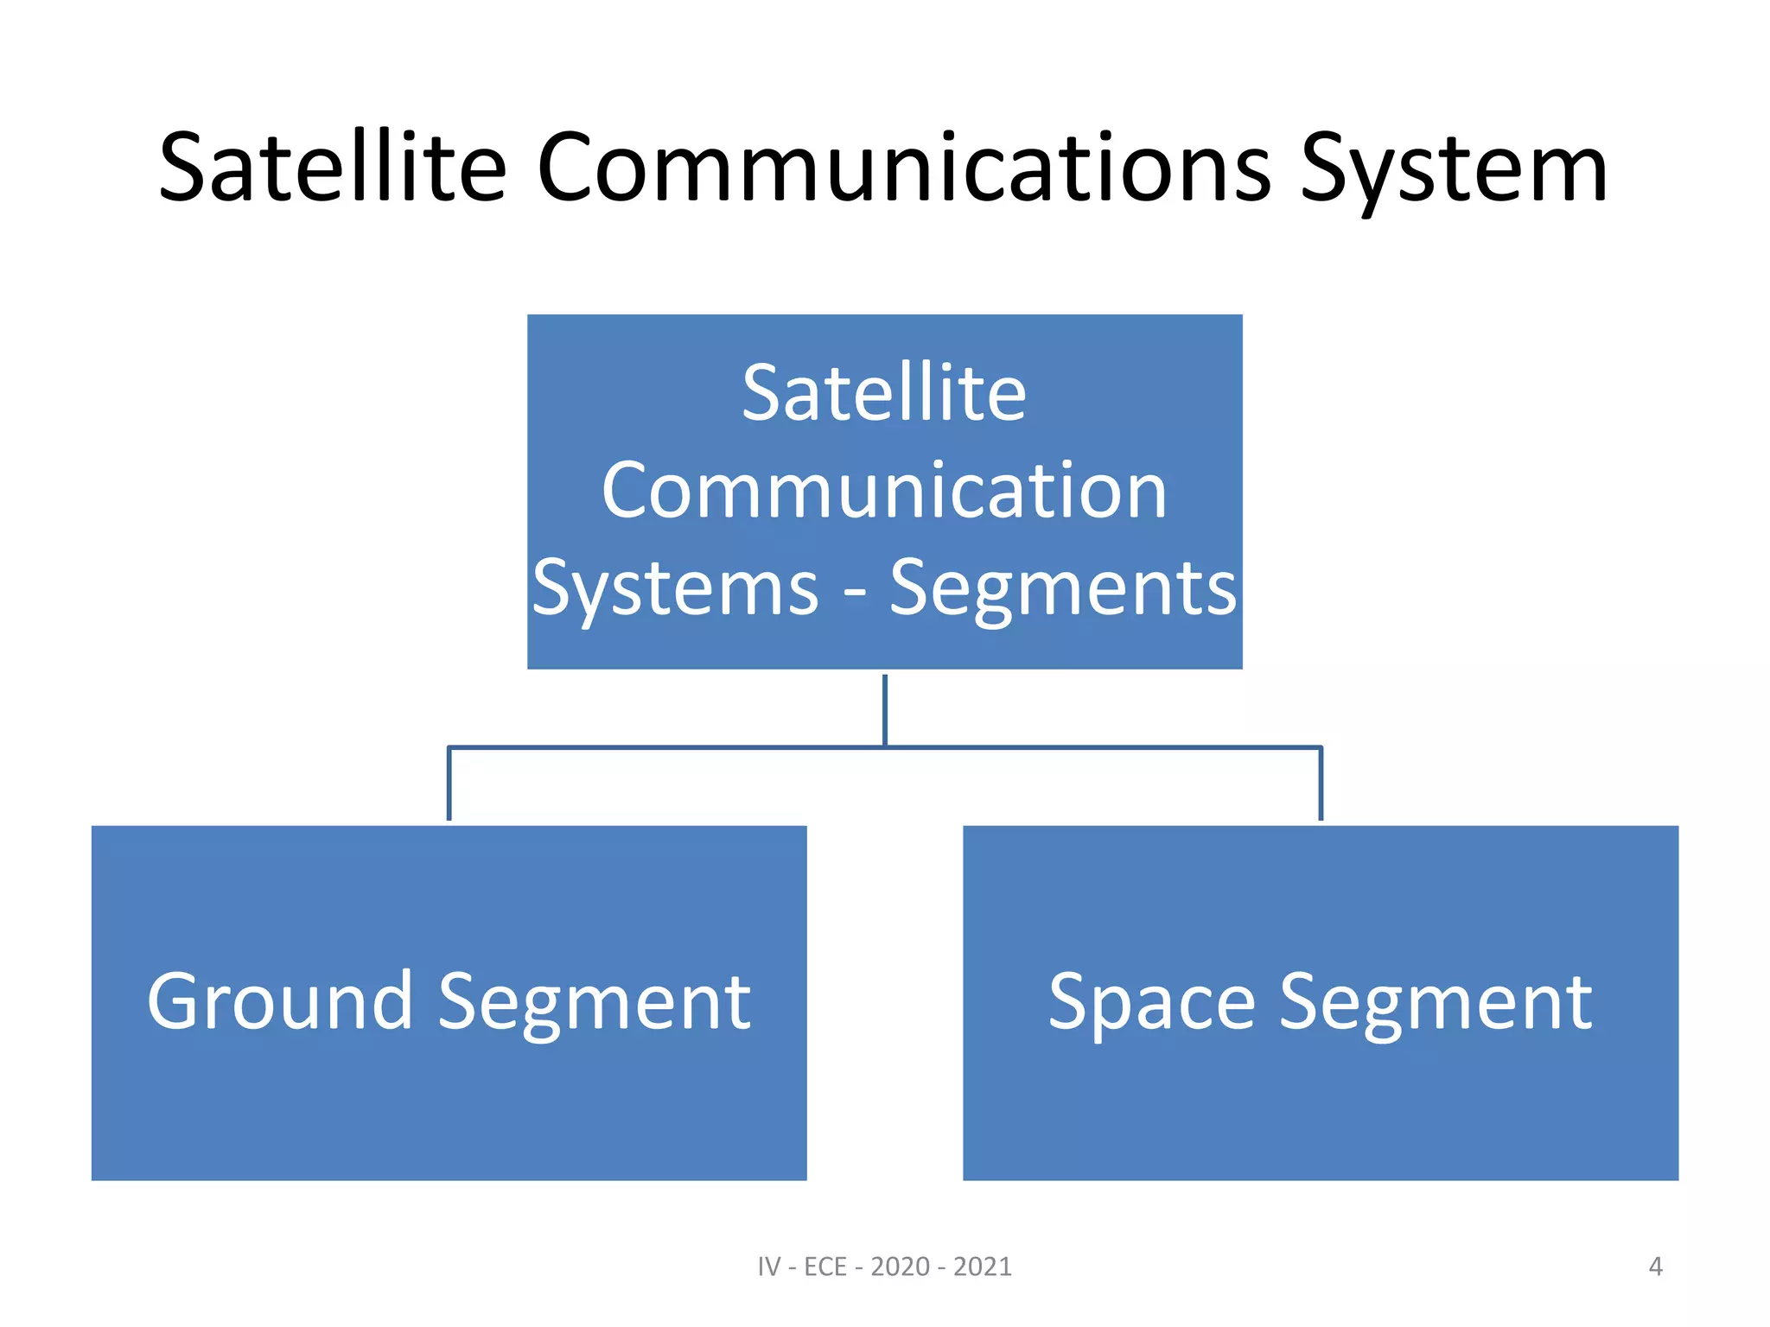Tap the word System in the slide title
pyautogui.click(x=1454, y=171)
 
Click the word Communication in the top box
pyautogui.click(x=884, y=491)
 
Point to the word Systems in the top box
pyautogui.click(x=675, y=589)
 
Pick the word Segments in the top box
pyautogui.click(x=1063, y=589)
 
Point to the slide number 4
pyautogui.click(x=1655, y=1267)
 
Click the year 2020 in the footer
pyautogui.click(x=900, y=1267)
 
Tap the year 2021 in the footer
pyautogui.click(x=983, y=1267)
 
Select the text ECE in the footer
pyautogui.click(x=825, y=1267)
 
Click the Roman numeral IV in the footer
pyautogui.click(x=769, y=1267)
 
